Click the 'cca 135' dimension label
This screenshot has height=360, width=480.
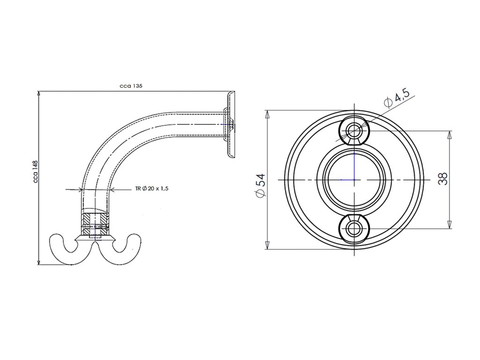[131, 86]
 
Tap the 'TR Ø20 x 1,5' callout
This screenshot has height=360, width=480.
[152, 188]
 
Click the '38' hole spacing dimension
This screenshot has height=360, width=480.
[442, 179]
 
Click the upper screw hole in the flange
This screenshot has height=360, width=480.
[354, 130]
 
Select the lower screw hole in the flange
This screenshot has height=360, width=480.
[354, 228]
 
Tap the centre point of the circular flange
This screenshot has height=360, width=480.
[354, 180]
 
